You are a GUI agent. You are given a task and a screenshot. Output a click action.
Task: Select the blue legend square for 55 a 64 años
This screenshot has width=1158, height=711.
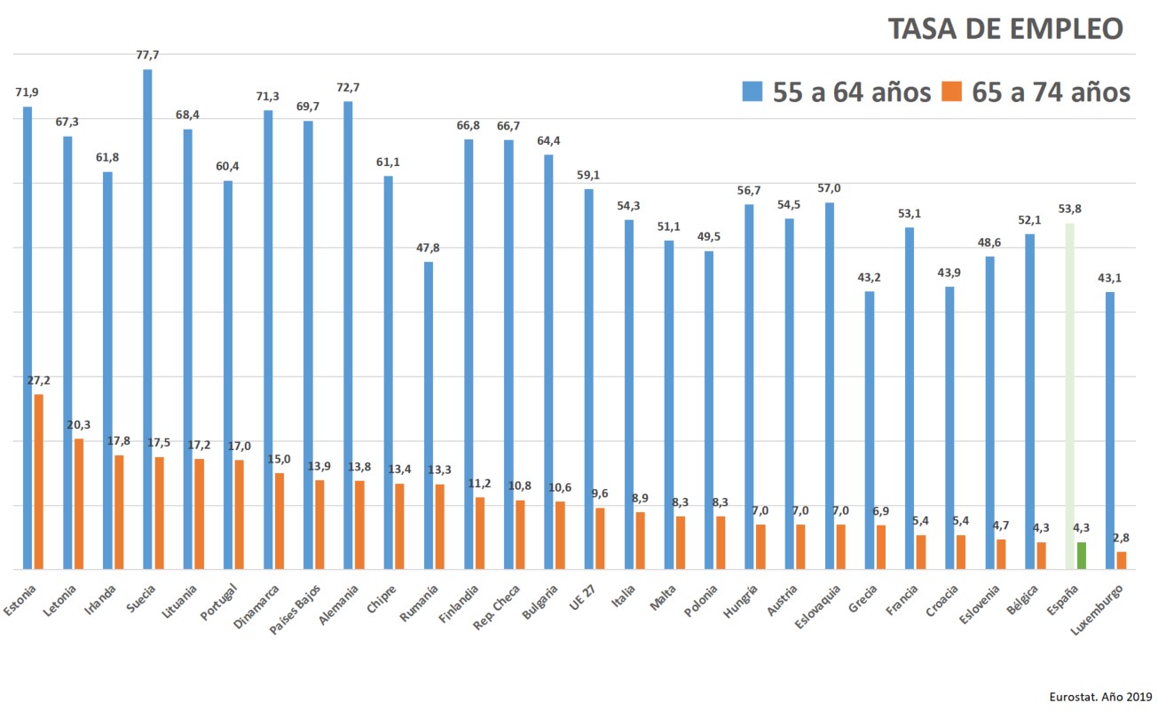[752, 91]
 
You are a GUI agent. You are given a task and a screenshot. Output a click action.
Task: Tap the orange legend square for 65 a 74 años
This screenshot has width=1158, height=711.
[952, 91]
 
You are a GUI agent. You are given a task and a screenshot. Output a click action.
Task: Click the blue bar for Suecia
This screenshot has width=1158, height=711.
[147, 320]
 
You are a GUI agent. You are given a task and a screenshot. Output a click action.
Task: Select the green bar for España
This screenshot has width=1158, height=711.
[1081, 556]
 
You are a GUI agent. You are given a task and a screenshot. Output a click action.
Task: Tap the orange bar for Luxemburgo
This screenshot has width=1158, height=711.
[1122, 560]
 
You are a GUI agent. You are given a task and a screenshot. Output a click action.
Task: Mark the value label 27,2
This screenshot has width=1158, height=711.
[38, 381]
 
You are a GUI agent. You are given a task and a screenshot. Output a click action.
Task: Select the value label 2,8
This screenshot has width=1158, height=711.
[1122, 538]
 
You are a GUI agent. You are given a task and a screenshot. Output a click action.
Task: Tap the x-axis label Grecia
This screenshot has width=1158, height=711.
[863, 599]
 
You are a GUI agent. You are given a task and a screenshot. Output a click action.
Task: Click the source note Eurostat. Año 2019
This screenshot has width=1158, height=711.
[1099, 697]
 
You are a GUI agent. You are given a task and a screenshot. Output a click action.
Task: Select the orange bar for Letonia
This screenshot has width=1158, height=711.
[79, 503]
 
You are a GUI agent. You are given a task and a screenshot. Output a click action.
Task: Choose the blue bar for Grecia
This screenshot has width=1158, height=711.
[870, 430]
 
